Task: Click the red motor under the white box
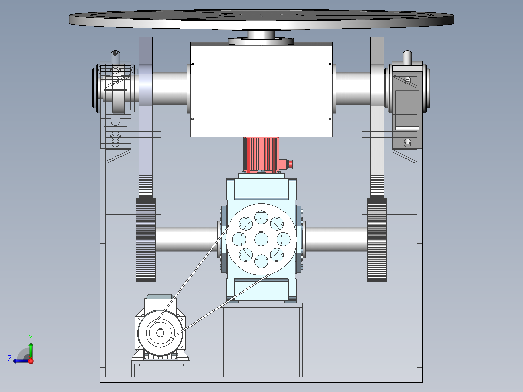click(261, 155)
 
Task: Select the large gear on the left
click(146, 240)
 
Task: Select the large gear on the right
click(377, 240)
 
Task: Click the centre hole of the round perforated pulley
click(261, 239)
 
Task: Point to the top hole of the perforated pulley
click(261, 217)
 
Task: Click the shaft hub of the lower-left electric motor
click(160, 333)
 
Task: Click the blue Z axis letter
click(10, 359)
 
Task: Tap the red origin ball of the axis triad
click(31, 361)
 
